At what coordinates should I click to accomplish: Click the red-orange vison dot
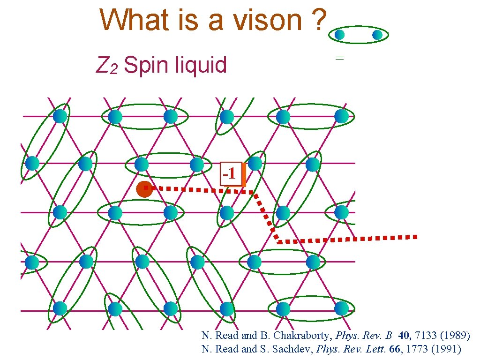pyautogui.click(x=144, y=189)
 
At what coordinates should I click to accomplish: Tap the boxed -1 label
pyautogui.click(x=231, y=173)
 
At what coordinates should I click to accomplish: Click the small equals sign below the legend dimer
pyautogui.click(x=339, y=58)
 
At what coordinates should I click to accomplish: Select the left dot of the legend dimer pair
pyautogui.click(x=339, y=35)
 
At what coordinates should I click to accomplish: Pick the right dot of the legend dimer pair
pyautogui.click(x=377, y=35)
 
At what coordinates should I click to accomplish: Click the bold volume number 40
pyautogui.click(x=405, y=336)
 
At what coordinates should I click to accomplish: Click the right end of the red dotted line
pyautogui.click(x=415, y=236)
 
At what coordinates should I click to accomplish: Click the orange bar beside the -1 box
pyautogui.click(x=244, y=174)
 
